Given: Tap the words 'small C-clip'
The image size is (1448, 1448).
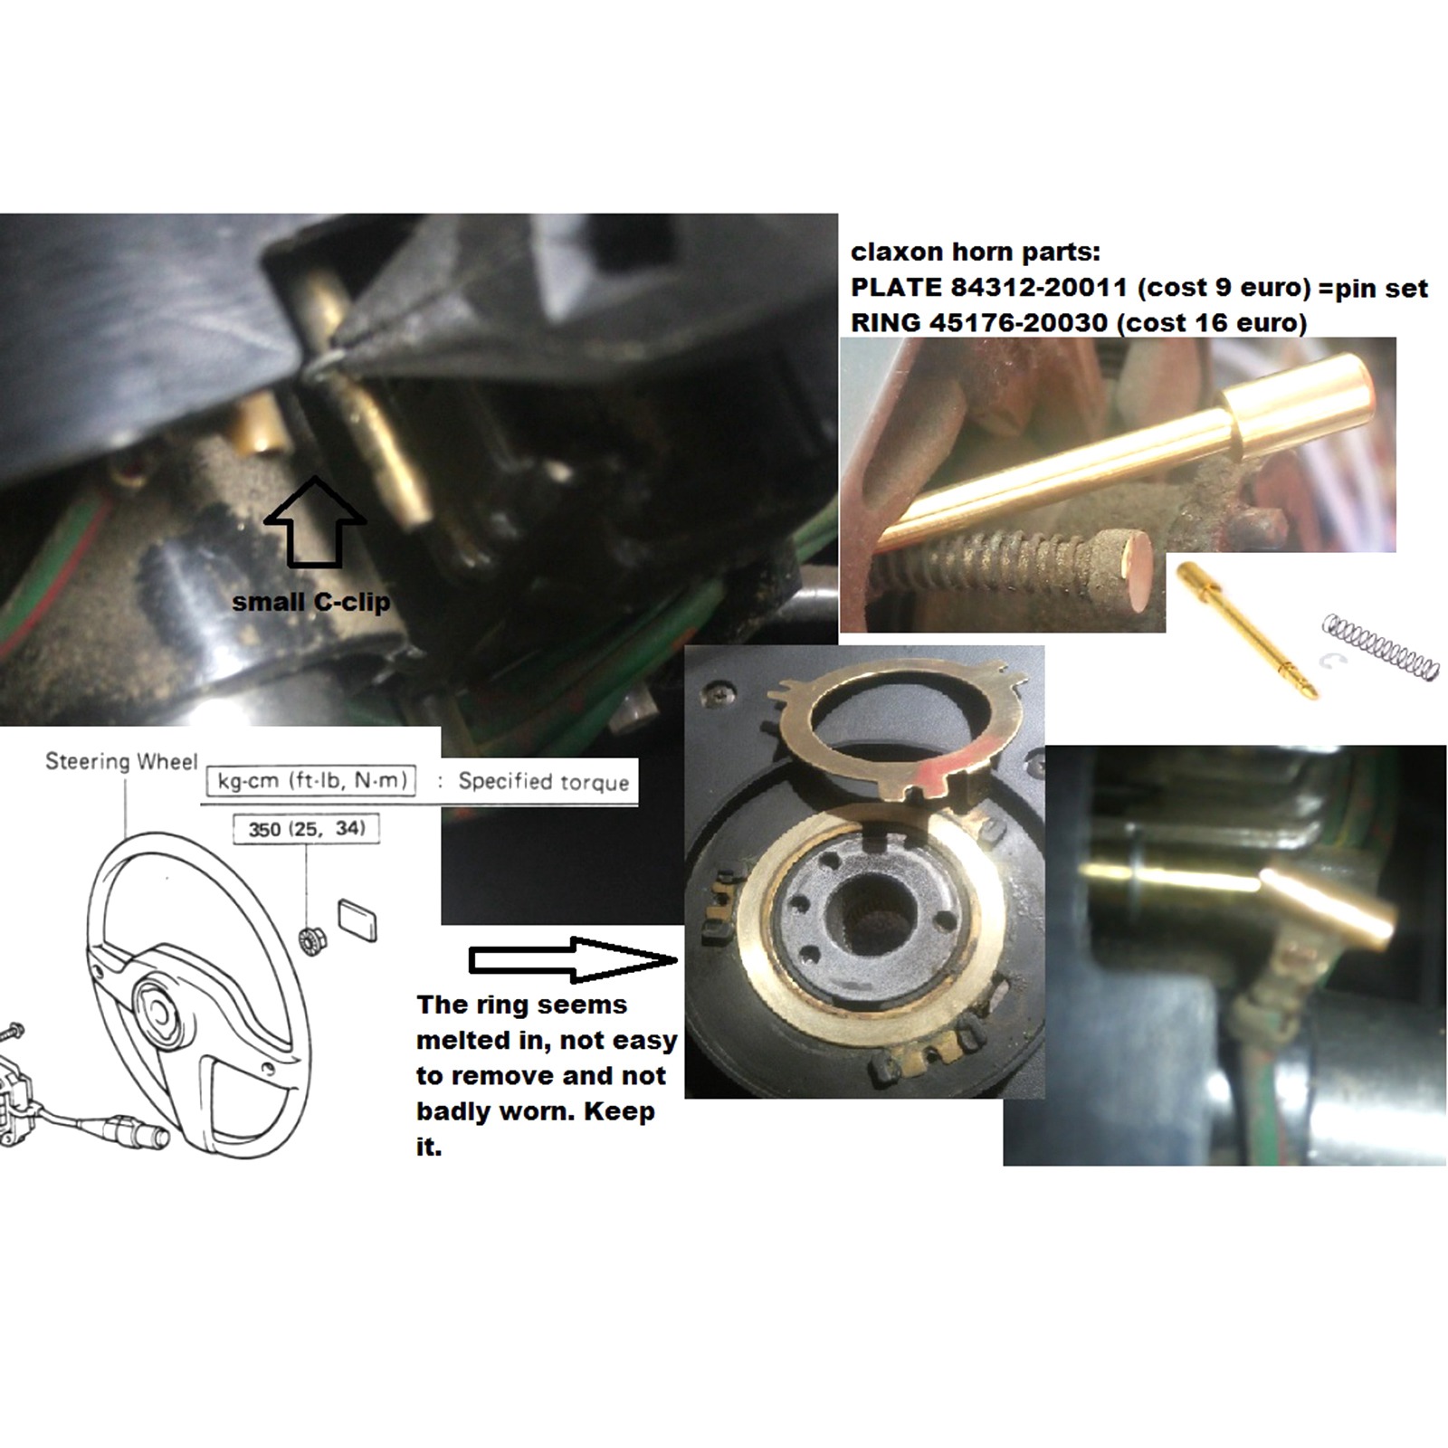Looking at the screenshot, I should click(x=311, y=602).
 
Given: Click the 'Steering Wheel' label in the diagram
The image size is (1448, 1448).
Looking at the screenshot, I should click(x=121, y=762).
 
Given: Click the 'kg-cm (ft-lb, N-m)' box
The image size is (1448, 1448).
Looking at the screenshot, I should click(x=311, y=781).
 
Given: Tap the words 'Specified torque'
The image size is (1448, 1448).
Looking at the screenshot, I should click(x=543, y=782).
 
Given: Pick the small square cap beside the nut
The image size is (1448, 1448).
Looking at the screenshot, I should click(x=357, y=920).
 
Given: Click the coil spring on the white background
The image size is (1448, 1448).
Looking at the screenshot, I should click(x=1380, y=646).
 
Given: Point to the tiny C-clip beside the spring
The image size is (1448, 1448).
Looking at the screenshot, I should click(x=1332, y=661).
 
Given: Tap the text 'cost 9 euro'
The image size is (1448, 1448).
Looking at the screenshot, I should click(x=1223, y=288).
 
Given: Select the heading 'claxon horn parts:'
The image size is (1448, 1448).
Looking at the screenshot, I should click(x=975, y=252).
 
